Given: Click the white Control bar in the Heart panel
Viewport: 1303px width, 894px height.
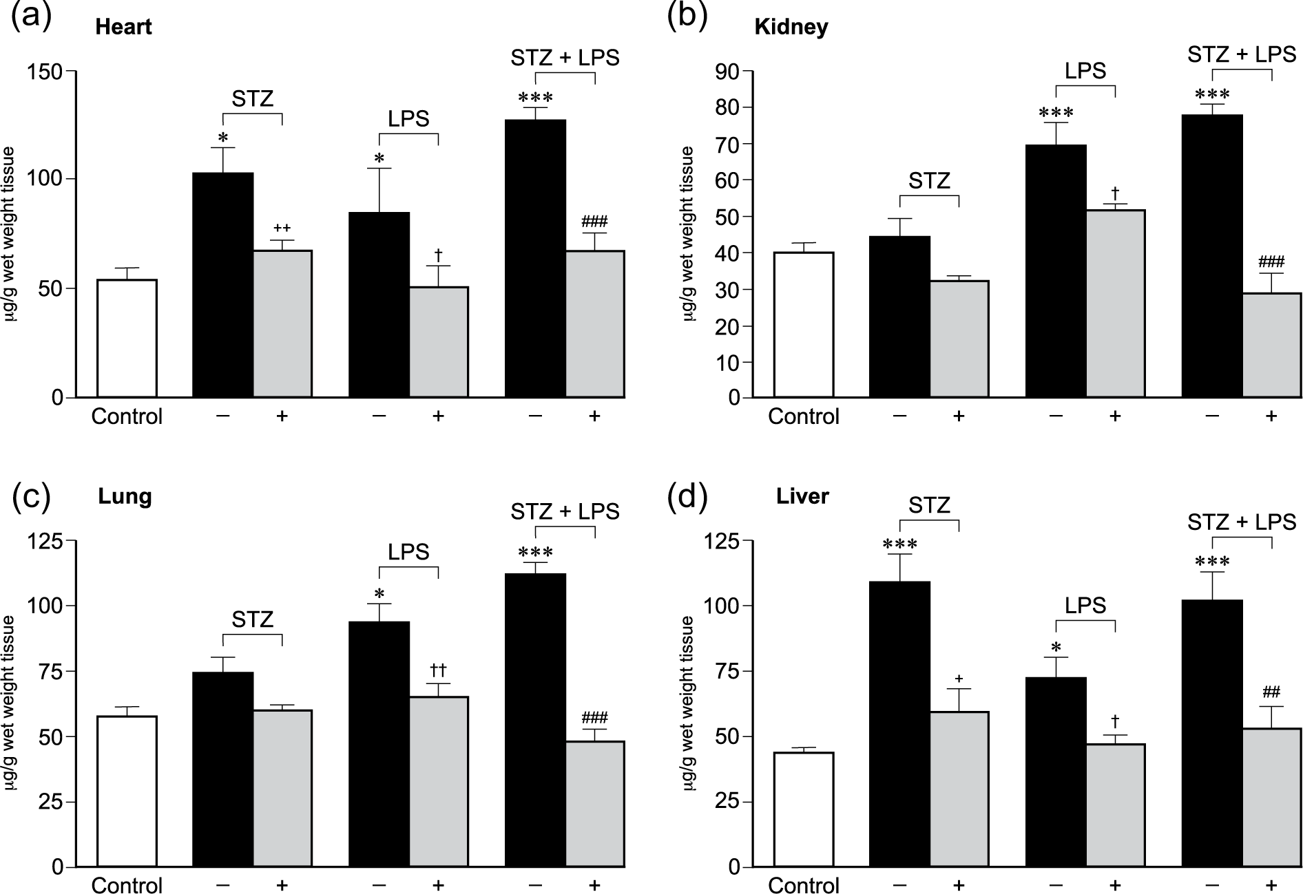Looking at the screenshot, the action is pos(127,339).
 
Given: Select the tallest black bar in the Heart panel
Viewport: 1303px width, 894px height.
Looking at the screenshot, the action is pos(536,259).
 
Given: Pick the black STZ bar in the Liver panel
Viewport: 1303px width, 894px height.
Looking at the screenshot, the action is pos(899,725).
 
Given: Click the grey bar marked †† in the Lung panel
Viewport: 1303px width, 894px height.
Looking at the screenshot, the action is pos(438,782).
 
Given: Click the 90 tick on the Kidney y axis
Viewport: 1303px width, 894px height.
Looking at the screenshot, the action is pos(747,71).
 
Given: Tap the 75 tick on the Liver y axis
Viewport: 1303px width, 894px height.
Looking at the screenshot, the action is pos(747,671).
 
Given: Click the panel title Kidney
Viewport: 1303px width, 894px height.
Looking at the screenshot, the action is pos(791,28).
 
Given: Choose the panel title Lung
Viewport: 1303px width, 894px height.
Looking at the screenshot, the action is pos(124,497).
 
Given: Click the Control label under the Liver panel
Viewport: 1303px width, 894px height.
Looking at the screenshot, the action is pos(804,885).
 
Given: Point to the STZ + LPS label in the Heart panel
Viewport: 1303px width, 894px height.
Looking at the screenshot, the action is pos(565,58).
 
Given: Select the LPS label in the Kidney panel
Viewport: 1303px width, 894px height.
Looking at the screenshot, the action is pos(1085,71).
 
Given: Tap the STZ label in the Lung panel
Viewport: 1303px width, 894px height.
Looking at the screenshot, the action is pos(252,619).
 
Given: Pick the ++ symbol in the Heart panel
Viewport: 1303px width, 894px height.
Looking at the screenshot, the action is pos(282,228).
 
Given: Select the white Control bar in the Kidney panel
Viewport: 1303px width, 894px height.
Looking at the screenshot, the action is pos(804,325).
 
